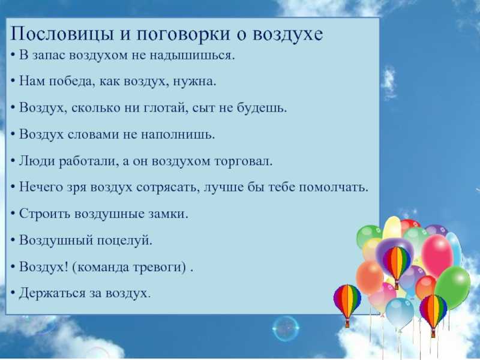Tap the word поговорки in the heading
pos(183,34)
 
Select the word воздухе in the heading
pos(288,34)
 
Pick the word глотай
pos(164,108)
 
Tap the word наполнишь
pos(178,134)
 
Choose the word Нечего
pos(41,187)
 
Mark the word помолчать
pos(334,187)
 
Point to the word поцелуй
pos(125,241)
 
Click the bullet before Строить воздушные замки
pos(13,214)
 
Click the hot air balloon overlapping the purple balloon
pos(397,265)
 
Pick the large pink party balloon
pos(437,256)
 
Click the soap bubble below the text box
pos(286,329)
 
